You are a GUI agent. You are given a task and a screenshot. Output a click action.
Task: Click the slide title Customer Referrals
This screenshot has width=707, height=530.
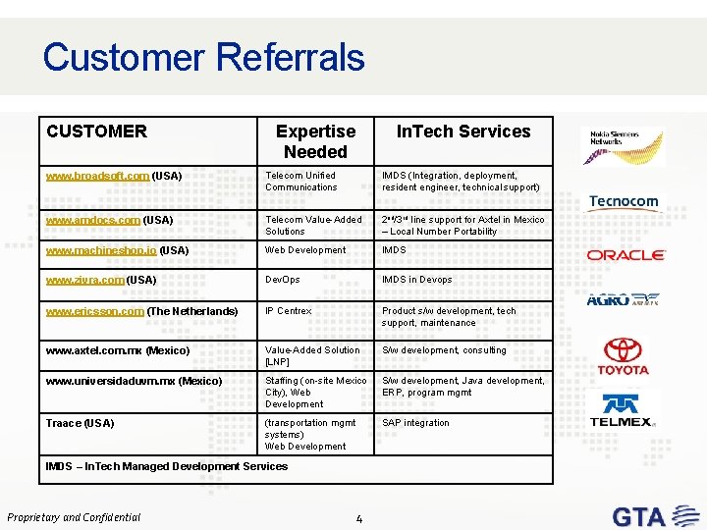pyautogui.click(x=203, y=57)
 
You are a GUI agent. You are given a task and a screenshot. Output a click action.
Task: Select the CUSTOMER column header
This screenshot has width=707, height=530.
pyautogui.click(x=96, y=132)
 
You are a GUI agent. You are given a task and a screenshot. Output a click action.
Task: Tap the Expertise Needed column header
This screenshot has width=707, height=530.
pyautogui.click(x=315, y=141)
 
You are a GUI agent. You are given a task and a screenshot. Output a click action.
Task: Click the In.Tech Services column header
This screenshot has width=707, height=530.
pyautogui.click(x=462, y=132)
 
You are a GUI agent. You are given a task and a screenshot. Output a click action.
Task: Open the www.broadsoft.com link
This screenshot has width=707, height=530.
pyautogui.click(x=97, y=176)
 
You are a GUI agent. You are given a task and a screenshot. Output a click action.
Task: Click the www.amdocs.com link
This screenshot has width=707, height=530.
pyautogui.click(x=93, y=220)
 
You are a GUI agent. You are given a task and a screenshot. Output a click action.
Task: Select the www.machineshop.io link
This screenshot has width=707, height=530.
pyautogui.click(x=101, y=250)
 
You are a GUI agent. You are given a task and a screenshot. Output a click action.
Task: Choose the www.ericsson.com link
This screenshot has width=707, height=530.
pyautogui.click(x=95, y=311)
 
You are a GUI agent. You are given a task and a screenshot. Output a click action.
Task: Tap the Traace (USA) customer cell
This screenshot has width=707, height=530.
pyautogui.click(x=80, y=423)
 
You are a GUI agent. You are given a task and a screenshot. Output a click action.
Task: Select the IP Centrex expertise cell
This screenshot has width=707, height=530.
pyautogui.click(x=288, y=311)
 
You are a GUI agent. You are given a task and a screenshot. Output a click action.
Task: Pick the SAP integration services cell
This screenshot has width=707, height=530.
pyautogui.click(x=415, y=423)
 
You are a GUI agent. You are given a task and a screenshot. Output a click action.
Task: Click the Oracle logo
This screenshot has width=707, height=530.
pyautogui.click(x=625, y=255)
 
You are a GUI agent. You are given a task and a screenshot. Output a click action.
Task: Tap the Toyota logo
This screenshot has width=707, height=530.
pyautogui.click(x=625, y=356)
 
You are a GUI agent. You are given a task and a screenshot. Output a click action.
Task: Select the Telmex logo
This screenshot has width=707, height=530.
pyautogui.click(x=621, y=410)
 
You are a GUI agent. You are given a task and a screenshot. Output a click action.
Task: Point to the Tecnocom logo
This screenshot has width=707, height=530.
pyautogui.click(x=624, y=202)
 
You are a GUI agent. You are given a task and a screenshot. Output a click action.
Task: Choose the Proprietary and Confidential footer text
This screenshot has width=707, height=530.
pyautogui.click(x=75, y=517)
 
